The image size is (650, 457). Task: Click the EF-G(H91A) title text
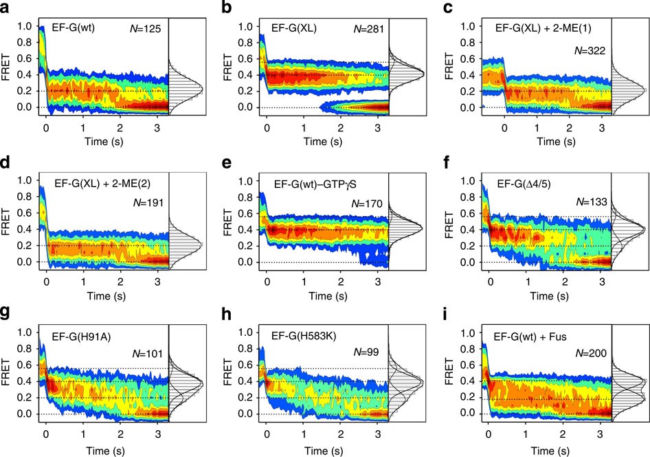tap(81, 334)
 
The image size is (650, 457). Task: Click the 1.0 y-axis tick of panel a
tap(25, 27)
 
